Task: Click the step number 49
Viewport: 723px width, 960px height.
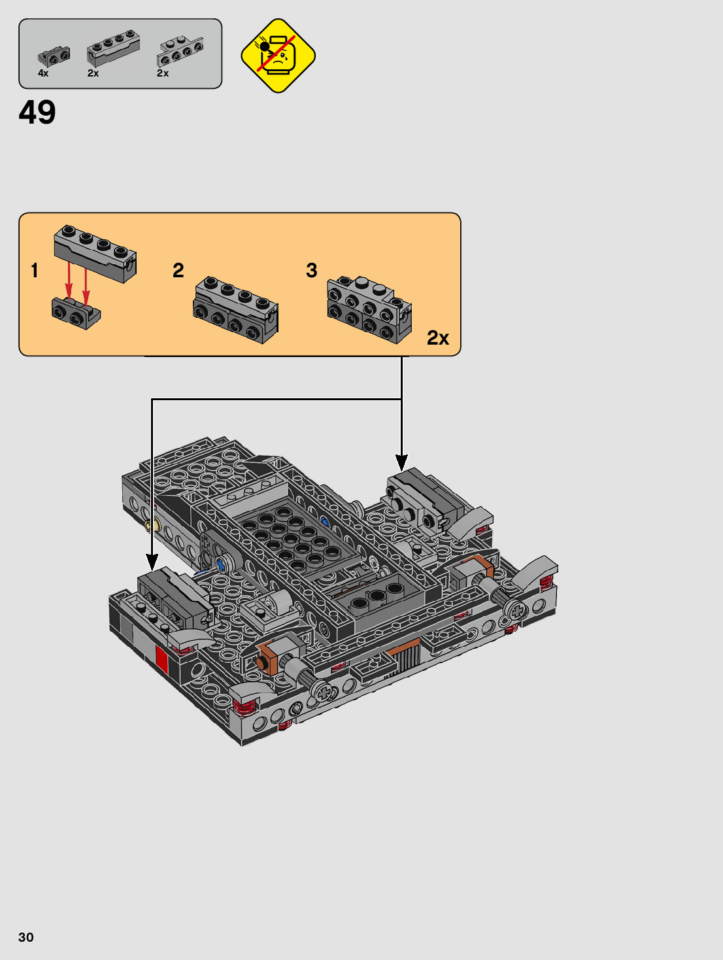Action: (37, 112)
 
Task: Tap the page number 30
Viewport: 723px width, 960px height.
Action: (25, 937)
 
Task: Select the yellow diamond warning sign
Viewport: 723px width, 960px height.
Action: (278, 56)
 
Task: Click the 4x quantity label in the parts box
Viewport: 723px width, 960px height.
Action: (43, 73)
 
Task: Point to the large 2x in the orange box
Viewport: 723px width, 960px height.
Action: (437, 338)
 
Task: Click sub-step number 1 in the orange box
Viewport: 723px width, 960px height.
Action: (35, 270)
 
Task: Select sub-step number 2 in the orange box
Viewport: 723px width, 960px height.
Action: (178, 270)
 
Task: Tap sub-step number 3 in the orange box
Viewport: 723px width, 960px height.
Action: (311, 270)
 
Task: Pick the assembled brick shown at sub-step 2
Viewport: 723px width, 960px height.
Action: (235, 310)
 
